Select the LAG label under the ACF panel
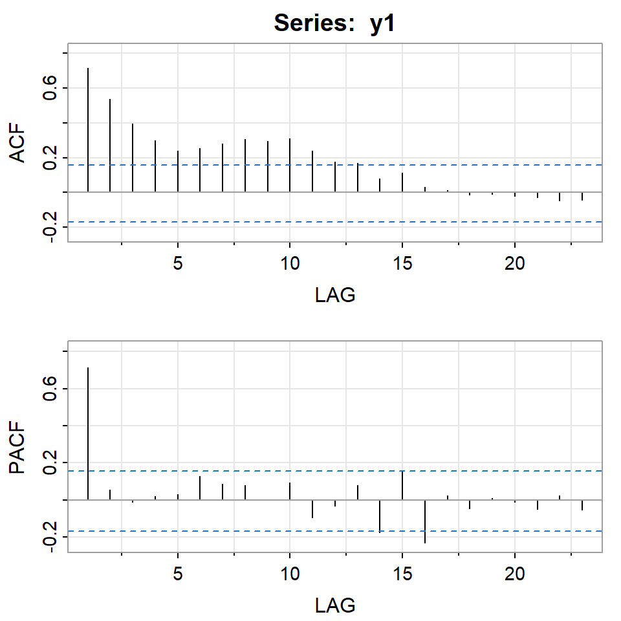[x=335, y=296]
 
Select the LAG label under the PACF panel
[x=335, y=605]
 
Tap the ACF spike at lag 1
[x=88, y=129]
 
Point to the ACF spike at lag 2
[x=110, y=146]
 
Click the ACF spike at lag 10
[x=290, y=165]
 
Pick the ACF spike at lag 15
[x=402, y=182]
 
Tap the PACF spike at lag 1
[x=88, y=433]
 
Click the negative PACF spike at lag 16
[x=425, y=521]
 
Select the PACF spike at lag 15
[x=402, y=485]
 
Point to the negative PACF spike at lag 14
[x=380, y=516]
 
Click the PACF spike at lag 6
[x=200, y=488]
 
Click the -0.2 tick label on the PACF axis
[x=50, y=537]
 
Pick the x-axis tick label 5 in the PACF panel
[x=177, y=574]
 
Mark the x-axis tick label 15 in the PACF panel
[x=402, y=574]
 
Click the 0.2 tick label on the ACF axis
[x=50, y=157]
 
